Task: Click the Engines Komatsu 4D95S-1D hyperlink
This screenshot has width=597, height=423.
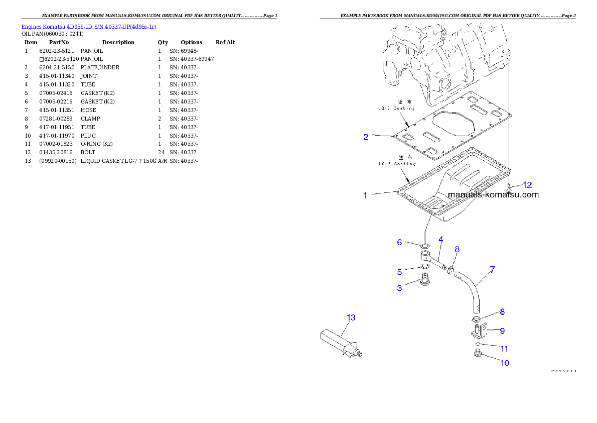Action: click(89, 26)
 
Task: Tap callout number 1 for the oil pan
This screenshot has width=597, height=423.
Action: click(365, 195)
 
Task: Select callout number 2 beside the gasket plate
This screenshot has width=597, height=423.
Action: click(366, 137)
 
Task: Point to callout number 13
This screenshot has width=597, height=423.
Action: click(351, 318)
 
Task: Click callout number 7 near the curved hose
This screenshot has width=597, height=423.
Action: click(492, 270)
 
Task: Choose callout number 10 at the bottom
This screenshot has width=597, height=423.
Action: click(505, 363)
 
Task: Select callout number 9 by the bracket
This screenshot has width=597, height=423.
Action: click(502, 331)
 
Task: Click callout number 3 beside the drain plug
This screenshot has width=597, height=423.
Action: click(399, 288)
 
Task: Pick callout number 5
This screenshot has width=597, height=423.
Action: click(399, 272)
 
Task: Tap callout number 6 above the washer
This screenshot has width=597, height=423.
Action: click(399, 242)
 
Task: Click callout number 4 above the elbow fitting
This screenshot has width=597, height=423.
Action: click(440, 240)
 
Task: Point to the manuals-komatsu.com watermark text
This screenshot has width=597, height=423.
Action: click(493, 195)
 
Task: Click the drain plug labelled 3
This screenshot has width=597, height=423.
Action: click(426, 281)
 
